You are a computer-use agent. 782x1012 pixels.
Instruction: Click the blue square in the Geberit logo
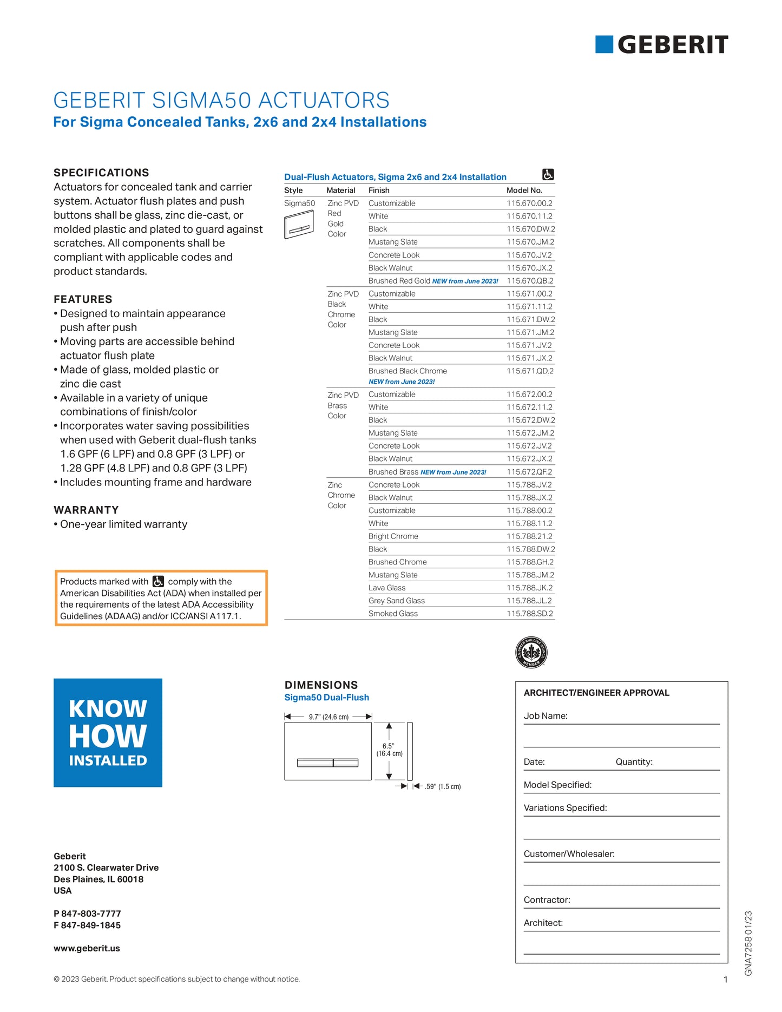point(604,44)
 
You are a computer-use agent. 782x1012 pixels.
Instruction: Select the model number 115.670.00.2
point(529,203)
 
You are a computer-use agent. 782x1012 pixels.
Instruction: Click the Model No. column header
point(524,190)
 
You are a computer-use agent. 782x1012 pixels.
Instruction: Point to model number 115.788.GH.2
point(530,562)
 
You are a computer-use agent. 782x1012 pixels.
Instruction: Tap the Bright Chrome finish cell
point(393,536)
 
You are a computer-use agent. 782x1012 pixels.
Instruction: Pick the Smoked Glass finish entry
point(393,614)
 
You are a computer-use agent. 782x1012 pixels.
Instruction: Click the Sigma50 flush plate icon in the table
point(299,224)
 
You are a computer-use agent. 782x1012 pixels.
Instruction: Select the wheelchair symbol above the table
point(548,175)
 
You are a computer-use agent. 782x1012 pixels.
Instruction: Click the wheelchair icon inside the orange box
point(158,581)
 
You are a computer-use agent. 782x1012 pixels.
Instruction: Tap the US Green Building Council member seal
point(531,652)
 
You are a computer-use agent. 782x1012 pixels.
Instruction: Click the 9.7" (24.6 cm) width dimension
point(328,717)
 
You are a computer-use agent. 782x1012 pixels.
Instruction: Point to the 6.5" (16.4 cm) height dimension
point(389,750)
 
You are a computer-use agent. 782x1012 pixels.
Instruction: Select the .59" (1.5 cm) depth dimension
point(443,786)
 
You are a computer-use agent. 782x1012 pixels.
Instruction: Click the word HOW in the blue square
point(108,736)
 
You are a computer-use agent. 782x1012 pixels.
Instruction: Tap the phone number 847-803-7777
point(90,914)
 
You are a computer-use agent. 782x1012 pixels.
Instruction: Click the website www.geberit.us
point(87,948)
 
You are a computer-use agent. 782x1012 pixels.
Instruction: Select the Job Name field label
point(546,716)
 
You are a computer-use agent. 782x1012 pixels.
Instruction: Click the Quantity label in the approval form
point(634,762)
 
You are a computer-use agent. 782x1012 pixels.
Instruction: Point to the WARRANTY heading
point(86,510)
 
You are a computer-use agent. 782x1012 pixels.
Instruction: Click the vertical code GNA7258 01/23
point(748,943)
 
